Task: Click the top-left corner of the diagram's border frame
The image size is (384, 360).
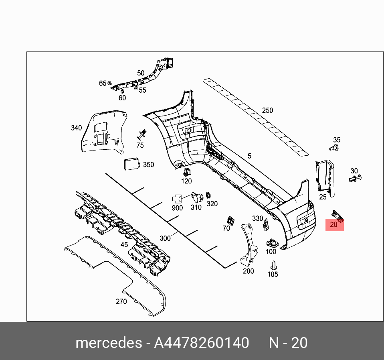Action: click(x=27, y=52)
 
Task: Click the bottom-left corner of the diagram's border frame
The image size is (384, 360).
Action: click(x=27, y=321)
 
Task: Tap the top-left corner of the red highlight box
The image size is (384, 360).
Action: click(x=325, y=219)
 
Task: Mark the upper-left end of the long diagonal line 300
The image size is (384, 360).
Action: click(x=106, y=174)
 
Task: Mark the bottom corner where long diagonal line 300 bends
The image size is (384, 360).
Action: click(x=225, y=268)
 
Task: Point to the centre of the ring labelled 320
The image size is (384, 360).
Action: click(x=208, y=195)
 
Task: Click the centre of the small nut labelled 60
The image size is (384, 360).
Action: click(x=122, y=91)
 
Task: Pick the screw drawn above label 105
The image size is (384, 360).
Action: click(x=274, y=265)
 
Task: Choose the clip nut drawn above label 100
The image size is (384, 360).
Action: click(x=272, y=243)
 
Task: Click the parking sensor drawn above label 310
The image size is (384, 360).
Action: click(x=197, y=197)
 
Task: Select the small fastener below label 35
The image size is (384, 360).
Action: click(x=334, y=148)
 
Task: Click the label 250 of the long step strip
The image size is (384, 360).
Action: click(x=267, y=110)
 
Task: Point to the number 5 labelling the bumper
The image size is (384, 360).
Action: click(x=249, y=156)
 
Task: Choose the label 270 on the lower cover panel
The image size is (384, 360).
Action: click(x=121, y=301)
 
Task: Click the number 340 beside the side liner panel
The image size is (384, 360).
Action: click(x=77, y=128)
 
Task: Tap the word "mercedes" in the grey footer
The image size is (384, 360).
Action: click(x=109, y=343)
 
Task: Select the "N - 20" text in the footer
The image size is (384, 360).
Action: click(x=288, y=343)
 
